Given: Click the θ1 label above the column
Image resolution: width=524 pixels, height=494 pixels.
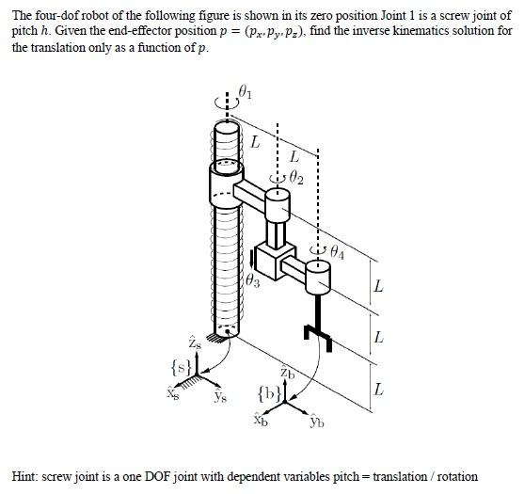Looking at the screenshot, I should [x=246, y=92].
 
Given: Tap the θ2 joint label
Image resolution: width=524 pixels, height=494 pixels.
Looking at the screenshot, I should [x=297, y=175].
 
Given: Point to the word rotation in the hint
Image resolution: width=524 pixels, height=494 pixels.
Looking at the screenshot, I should [x=454, y=476].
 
